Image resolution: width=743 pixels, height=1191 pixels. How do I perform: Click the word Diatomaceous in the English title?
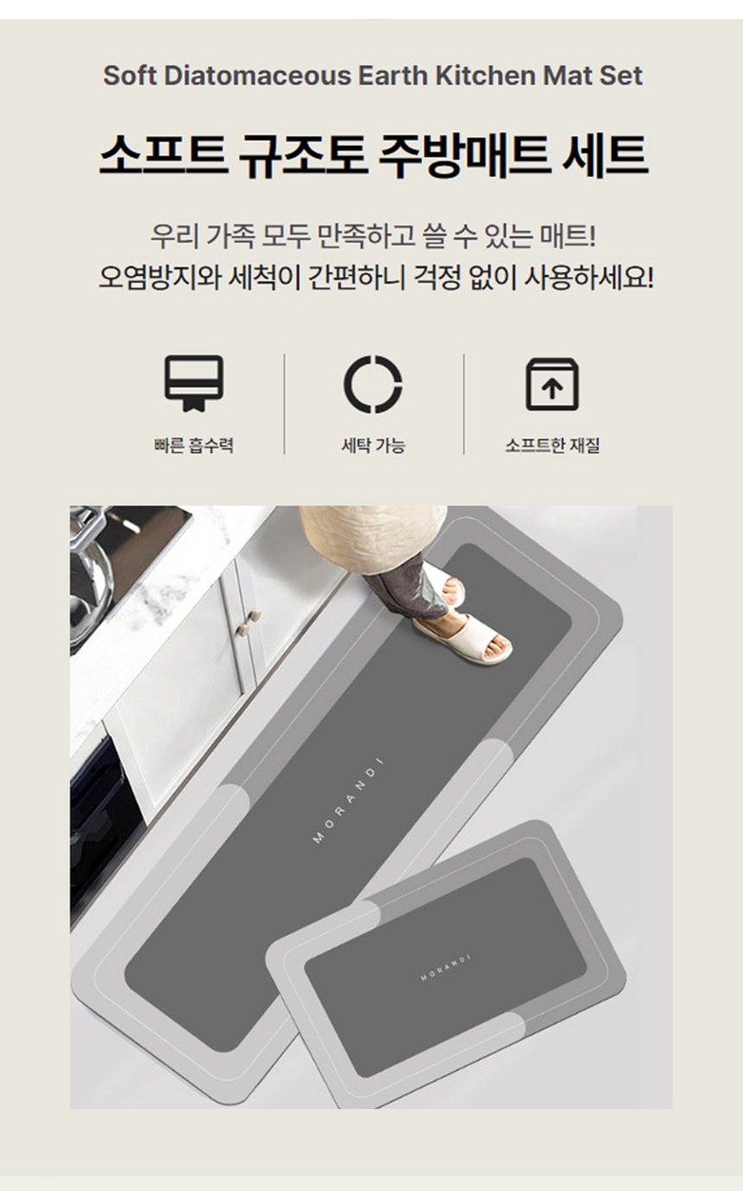pyautogui.click(x=257, y=75)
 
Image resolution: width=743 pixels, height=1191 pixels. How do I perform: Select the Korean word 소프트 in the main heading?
pyautogui.click(x=163, y=155)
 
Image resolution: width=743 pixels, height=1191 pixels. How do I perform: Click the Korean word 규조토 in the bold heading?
pyautogui.click(x=303, y=155)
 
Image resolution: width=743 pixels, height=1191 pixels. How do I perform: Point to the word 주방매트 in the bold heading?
pyautogui.click(x=464, y=155)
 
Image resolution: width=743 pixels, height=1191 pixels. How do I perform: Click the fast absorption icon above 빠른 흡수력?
pyautogui.click(x=193, y=383)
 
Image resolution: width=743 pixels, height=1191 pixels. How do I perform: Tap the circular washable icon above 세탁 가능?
pyautogui.click(x=372, y=384)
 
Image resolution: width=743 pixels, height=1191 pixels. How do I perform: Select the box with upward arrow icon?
pyautogui.click(x=552, y=384)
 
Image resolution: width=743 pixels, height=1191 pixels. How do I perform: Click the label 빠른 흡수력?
pyautogui.click(x=193, y=445)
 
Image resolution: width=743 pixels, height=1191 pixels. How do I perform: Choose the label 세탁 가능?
pyautogui.click(x=372, y=445)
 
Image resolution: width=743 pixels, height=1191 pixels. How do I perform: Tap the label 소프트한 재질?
pyautogui.click(x=552, y=445)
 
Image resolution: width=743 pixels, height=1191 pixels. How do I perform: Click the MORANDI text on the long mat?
pyautogui.click(x=349, y=801)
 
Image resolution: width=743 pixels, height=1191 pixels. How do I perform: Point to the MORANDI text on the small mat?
pyautogui.click(x=446, y=967)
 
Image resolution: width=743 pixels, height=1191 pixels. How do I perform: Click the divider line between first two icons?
pyautogui.click(x=285, y=404)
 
